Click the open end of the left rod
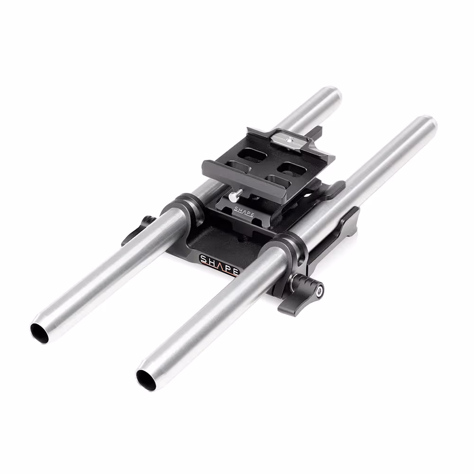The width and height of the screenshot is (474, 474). click(x=39, y=333)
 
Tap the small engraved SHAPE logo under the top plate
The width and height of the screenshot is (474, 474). click(x=244, y=211)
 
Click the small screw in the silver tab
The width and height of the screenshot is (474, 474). click(x=290, y=140)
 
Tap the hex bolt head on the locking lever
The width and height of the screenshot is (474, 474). click(x=319, y=291)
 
